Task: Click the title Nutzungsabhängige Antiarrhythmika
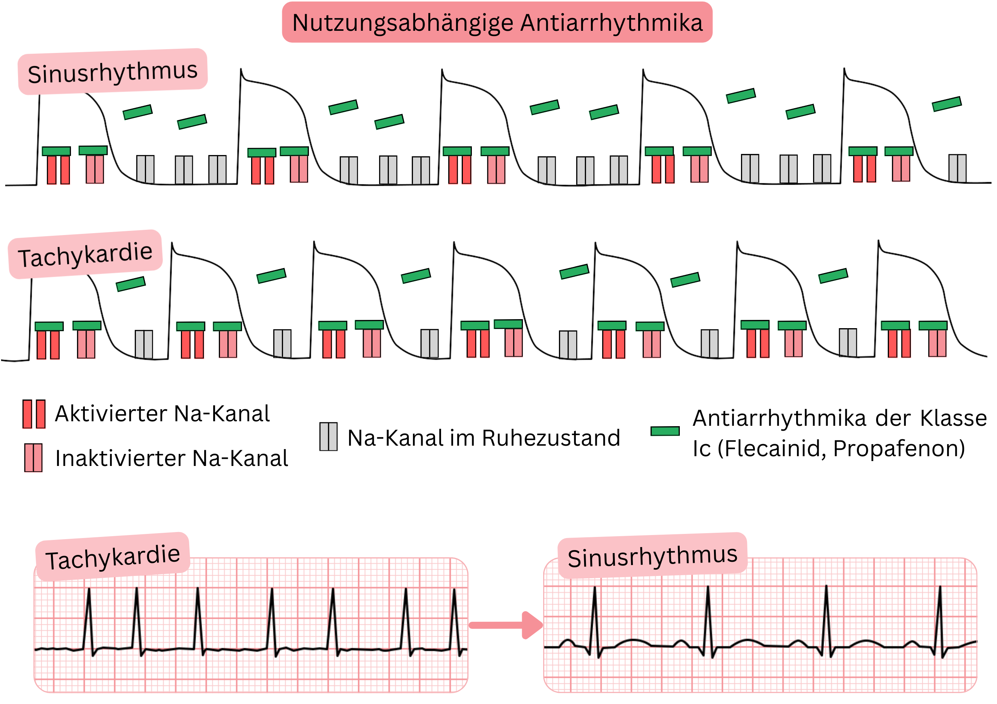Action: (497, 23)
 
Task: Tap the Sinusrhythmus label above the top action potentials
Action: (113, 72)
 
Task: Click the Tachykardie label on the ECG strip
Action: (113, 557)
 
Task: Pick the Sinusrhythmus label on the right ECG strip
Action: (652, 556)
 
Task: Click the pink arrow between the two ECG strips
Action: (506, 626)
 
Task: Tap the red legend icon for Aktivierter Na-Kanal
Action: (34, 414)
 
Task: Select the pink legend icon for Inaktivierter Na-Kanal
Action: (33, 458)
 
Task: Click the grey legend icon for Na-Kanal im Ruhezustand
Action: (328, 436)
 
